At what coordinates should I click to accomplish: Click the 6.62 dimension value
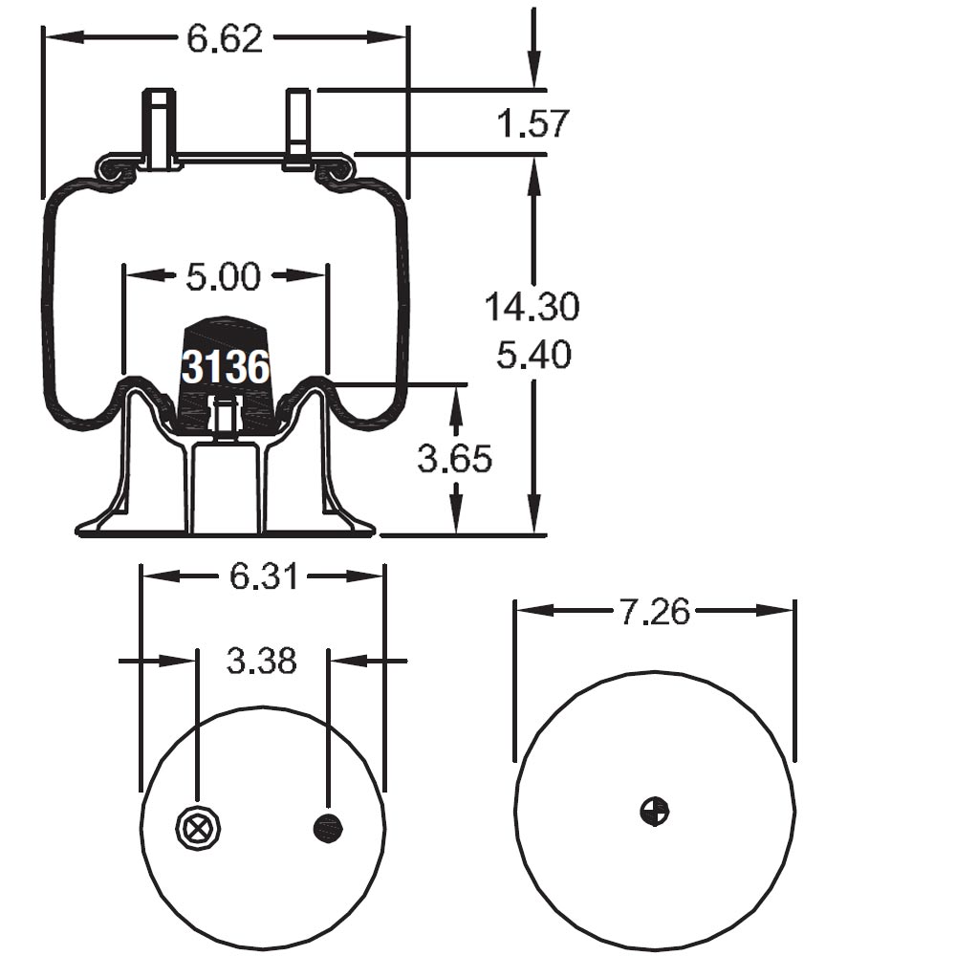225,38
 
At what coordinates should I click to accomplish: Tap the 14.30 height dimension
532,308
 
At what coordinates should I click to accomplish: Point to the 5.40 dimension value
533,356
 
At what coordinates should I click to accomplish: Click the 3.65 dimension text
454,459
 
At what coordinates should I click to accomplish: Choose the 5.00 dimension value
223,277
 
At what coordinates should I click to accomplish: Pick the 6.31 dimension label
263,576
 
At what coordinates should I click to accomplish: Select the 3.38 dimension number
262,661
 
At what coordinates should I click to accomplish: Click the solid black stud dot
328,828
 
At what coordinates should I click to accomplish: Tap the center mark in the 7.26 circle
655,811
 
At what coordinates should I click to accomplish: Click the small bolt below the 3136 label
224,419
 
